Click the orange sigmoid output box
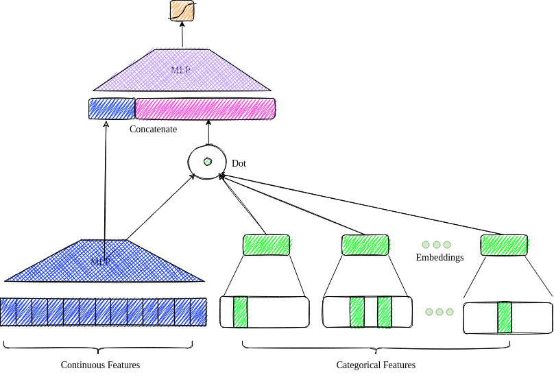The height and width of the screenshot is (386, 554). point(182,11)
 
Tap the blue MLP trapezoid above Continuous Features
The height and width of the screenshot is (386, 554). point(103,262)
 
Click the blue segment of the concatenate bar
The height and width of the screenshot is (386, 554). point(112,109)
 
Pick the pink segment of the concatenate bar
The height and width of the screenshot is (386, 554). point(205,109)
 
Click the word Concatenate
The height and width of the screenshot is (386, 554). point(153,129)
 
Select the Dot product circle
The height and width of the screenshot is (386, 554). point(207,162)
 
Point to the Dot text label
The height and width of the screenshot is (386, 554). point(239,164)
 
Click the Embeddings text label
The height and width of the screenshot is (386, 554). point(439,258)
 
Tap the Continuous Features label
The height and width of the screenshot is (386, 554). point(100,365)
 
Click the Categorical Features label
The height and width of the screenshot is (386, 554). point(376,365)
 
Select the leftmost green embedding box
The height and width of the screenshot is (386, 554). point(266,245)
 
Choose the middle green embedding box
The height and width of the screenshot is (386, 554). point(365,245)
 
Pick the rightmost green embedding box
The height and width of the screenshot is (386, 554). point(504,245)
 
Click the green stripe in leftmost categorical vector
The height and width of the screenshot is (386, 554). point(240,312)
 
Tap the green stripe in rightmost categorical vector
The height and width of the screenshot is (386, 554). point(505,317)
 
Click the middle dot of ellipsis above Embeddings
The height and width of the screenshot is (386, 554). point(436,245)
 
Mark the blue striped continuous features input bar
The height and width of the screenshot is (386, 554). point(103,312)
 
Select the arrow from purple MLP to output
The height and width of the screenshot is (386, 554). point(182,35)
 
